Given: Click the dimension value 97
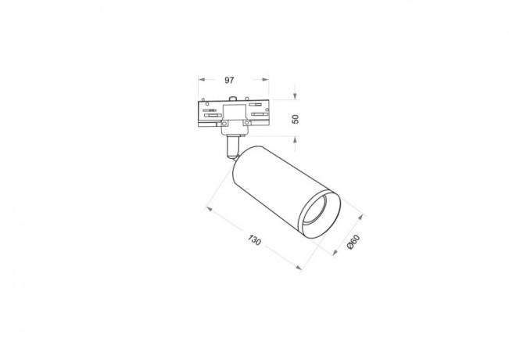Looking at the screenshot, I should [x=231, y=81].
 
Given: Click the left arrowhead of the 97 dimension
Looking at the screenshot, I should [x=199, y=81].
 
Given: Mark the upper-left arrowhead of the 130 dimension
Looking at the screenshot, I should [x=206, y=208].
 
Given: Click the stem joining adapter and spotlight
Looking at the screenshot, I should [x=232, y=144].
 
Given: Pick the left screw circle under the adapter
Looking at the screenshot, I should [x=223, y=122].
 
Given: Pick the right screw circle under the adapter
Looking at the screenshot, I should [x=246, y=122].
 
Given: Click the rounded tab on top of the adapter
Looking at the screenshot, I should [x=234, y=97].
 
